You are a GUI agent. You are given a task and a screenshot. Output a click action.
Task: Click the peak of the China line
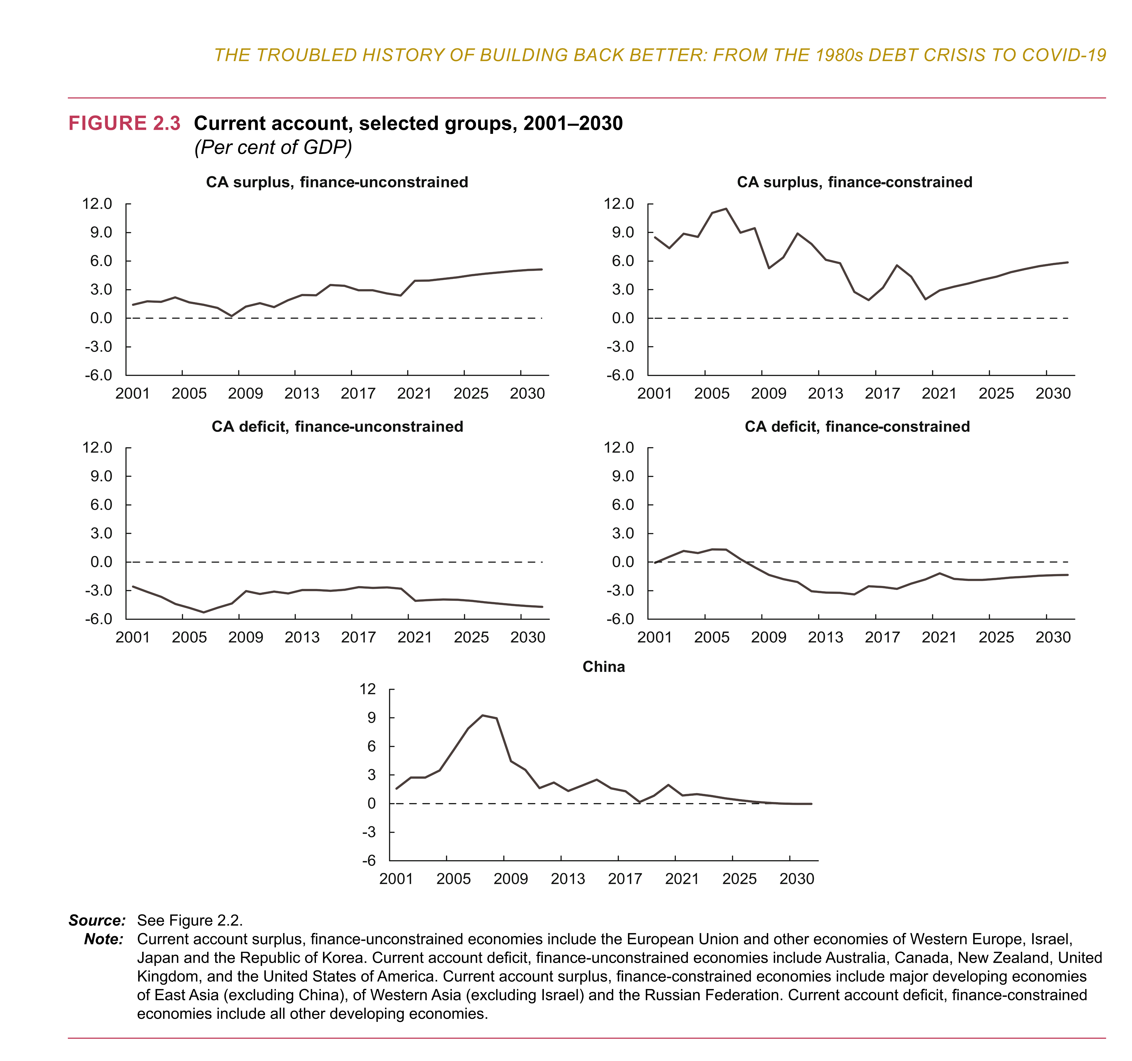click(x=482, y=716)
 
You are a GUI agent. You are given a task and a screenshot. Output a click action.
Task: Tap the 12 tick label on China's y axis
click(x=368, y=689)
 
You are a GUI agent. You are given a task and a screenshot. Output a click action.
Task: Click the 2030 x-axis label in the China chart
click(x=797, y=879)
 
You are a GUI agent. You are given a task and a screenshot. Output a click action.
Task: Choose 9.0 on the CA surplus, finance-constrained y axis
click(x=623, y=232)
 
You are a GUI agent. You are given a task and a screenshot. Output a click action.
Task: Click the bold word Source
click(x=97, y=920)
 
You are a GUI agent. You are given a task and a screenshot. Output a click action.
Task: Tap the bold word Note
click(x=104, y=939)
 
